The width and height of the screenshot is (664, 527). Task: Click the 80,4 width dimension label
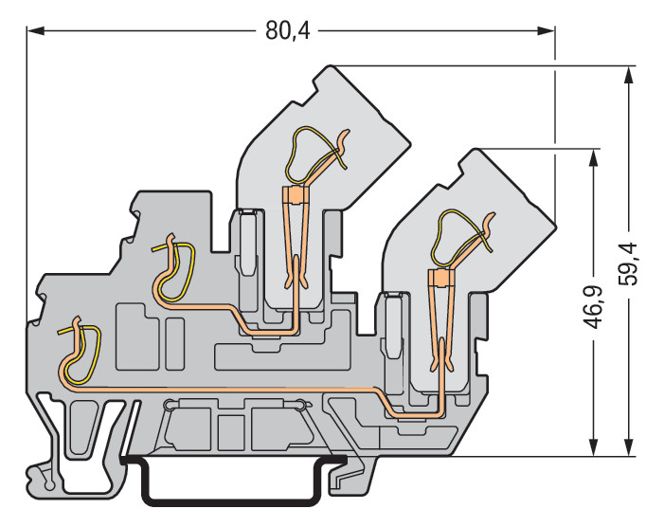click(x=288, y=31)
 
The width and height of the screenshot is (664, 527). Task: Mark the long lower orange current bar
click(x=227, y=386)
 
